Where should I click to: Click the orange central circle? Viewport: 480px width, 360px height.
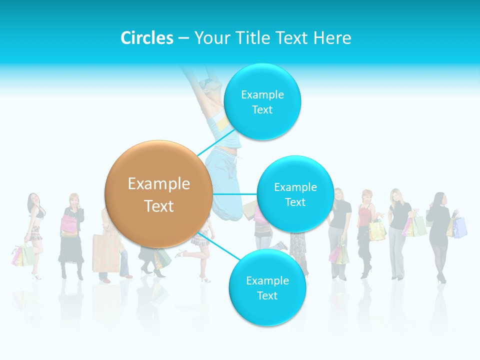coord(158,194)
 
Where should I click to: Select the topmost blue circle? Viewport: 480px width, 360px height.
coord(262,102)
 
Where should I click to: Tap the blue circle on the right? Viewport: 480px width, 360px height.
coord(295,194)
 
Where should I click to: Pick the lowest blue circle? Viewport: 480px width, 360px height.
coord(267,287)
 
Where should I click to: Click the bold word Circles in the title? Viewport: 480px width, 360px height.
coord(147,38)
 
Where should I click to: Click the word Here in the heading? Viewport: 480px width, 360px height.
coord(333,38)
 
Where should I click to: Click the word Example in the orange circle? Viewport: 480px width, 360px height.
coord(158,184)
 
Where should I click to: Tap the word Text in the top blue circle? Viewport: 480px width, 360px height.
coord(262,110)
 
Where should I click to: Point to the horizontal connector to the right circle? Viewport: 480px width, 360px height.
coord(234,194)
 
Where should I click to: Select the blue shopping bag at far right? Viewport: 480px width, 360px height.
coord(460,227)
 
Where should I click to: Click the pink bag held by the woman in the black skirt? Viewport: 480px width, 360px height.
coord(68,225)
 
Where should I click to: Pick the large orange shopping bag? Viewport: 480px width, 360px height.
coord(105,252)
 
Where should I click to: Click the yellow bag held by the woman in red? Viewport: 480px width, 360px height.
coord(377,230)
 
